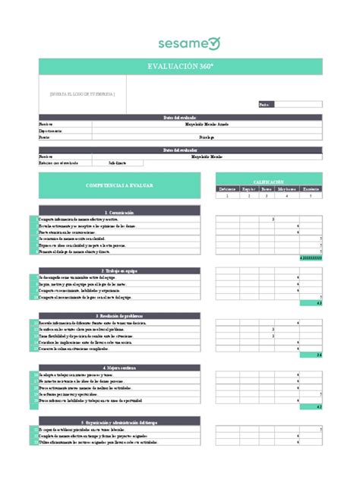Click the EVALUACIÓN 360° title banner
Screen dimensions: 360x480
(180, 67)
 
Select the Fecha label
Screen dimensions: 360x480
(264, 104)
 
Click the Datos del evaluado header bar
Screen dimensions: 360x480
(180, 117)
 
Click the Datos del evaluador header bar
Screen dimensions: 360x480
(180, 150)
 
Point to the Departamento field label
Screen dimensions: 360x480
(50, 130)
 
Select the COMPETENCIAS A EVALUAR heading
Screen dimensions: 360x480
(119, 185)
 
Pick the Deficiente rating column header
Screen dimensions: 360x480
(227, 188)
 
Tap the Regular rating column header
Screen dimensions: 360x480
(248, 188)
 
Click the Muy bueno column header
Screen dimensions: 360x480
(286, 188)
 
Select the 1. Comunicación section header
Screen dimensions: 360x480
(119, 212)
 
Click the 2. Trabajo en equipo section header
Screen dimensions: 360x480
(119, 270)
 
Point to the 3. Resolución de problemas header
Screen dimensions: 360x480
(119, 315)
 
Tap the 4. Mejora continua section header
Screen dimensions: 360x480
(119, 368)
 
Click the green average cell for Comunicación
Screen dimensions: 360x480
(311, 258)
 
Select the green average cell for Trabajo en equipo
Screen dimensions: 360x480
(311, 303)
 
